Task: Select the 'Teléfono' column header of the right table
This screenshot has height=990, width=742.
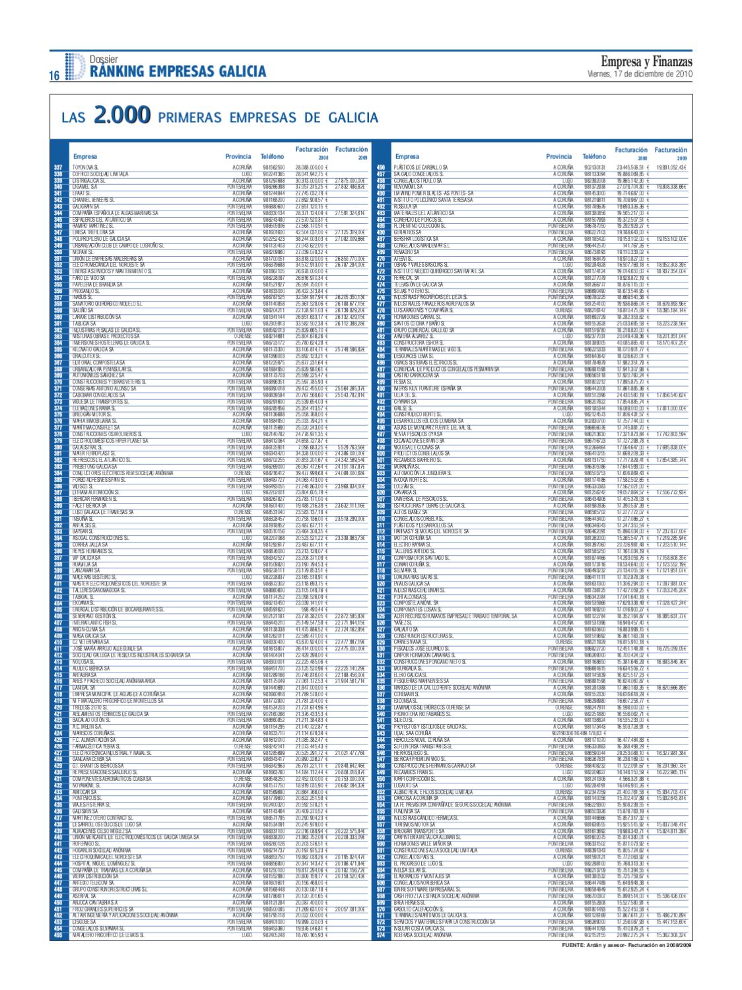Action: [x=594, y=156]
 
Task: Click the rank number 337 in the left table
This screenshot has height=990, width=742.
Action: [x=57, y=168]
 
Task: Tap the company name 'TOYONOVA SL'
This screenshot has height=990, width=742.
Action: [x=85, y=168]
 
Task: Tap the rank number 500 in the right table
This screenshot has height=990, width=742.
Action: [x=380, y=453]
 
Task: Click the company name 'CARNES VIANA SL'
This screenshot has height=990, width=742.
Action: [x=411, y=642]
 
